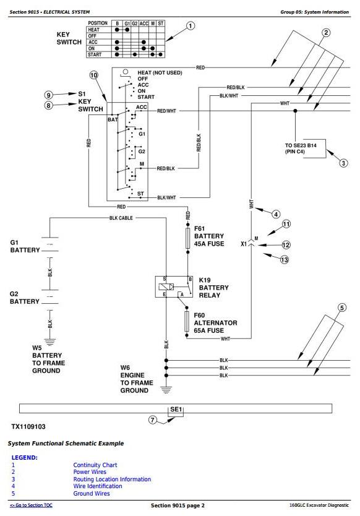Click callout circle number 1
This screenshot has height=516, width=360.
[191, 25]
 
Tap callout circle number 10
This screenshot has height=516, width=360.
[94, 75]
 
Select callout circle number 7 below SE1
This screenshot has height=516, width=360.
[152, 420]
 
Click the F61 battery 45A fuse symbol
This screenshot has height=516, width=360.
[188, 238]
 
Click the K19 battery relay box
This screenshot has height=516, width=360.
[174, 286]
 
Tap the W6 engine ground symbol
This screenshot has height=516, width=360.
[166, 390]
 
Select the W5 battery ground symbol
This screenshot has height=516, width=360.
[50, 342]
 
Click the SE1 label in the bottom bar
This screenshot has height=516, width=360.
[176, 409]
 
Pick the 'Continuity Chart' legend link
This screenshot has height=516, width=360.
[95, 465]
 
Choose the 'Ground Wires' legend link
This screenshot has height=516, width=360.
[92, 493]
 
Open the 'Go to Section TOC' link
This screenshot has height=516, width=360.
[31, 505]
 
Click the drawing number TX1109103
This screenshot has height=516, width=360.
[28, 426]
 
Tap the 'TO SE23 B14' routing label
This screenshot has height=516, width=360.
[301, 145]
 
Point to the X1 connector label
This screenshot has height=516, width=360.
[244, 244]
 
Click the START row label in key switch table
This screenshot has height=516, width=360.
[95, 54]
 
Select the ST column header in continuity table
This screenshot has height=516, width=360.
[161, 24]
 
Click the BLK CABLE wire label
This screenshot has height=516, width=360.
[121, 218]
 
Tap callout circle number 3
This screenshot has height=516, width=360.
[343, 163]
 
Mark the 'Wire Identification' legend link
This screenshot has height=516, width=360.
[97, 486]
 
